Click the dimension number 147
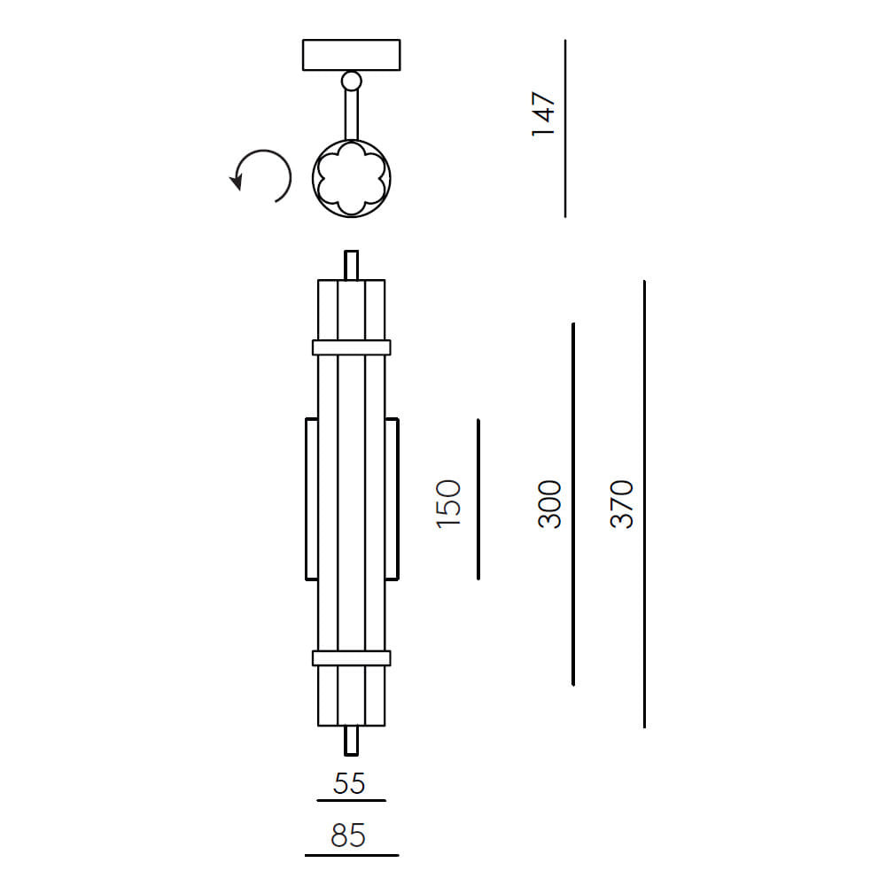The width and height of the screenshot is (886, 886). [x=544, y=114]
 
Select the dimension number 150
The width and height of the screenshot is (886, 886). [x=448, y=504]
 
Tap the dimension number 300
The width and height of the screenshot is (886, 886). [x=549, y=504]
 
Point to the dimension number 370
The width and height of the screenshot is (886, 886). [x=622, y=504]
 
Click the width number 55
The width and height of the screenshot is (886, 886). [x=349, y=784]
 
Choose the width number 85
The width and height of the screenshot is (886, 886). [x=348, y=835]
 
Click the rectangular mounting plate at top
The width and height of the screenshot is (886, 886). [x=352, y=55]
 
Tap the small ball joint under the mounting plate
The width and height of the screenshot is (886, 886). [x=352, y=81]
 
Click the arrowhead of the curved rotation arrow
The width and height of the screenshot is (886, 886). [x=237, y=183]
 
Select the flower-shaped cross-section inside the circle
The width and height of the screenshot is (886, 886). [x=352, y=178]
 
